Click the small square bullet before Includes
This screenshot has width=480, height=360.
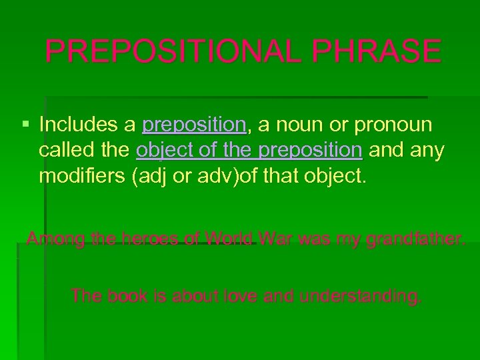(25, 125)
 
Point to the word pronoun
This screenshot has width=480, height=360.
(394, 125)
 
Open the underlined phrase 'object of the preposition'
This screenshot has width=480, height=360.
(249, 151)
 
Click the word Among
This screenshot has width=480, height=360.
(54, 239)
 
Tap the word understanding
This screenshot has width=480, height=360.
(361, 295)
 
